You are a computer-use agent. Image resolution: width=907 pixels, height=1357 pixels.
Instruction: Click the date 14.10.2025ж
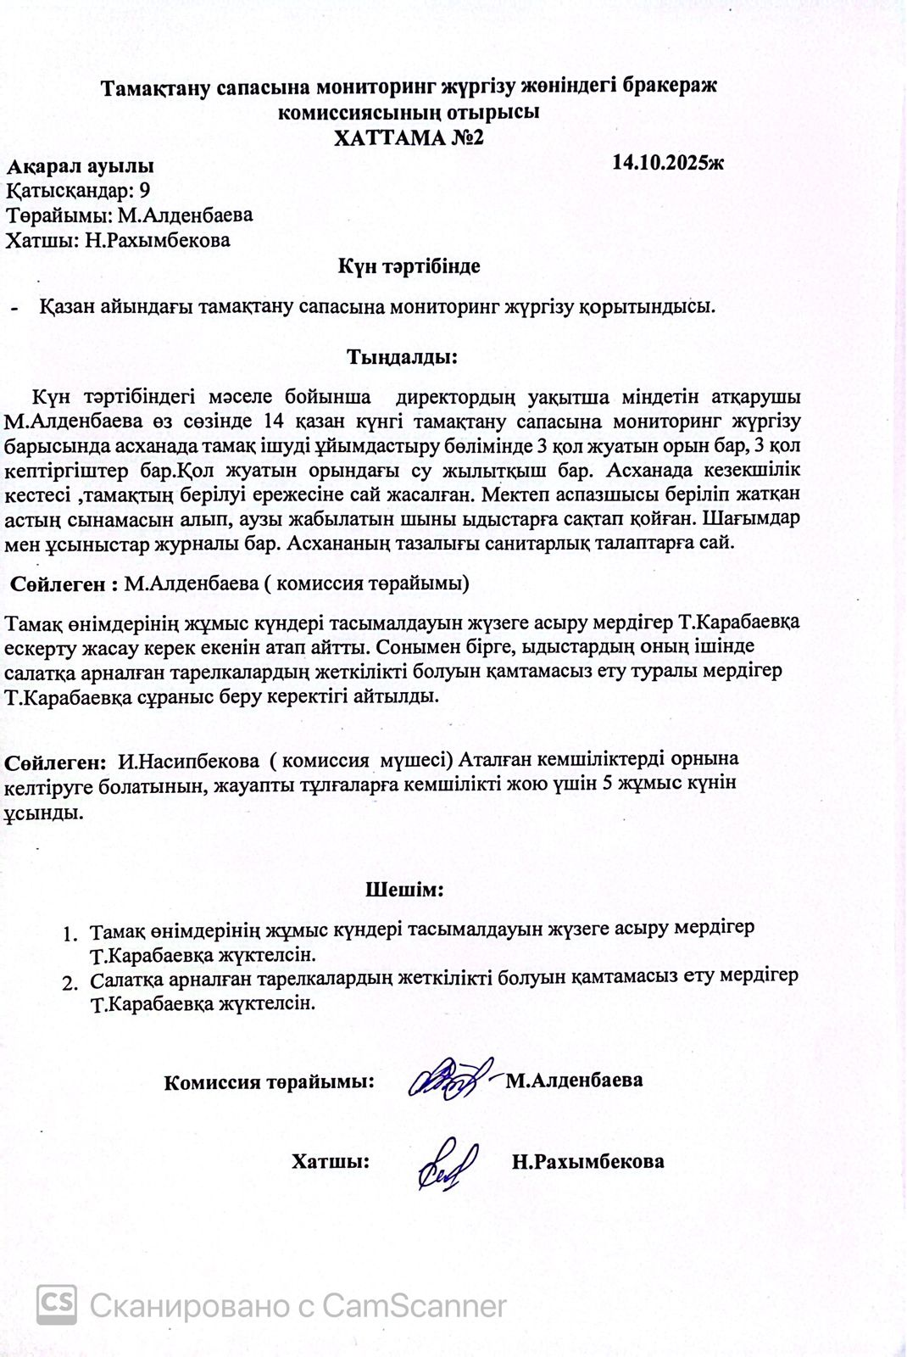coord(668,162)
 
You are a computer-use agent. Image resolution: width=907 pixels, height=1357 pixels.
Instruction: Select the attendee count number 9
coord(144,190)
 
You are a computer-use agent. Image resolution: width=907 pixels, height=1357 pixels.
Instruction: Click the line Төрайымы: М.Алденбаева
coord(130,215)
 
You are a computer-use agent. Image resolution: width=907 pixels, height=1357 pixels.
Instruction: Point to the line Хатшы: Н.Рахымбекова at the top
coord(118,240)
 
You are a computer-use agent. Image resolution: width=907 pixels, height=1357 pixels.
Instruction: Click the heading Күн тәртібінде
coord(409,265)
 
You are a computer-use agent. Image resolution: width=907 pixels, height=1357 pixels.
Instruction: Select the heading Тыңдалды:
coord(402,356)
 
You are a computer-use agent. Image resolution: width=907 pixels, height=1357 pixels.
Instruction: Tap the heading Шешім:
coord(404,890)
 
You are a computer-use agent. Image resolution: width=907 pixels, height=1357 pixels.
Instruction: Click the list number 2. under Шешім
coord(71,983)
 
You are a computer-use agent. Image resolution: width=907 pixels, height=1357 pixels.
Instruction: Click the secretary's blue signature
coord(446,1163)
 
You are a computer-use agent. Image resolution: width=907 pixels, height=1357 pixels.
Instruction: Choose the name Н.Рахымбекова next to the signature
coord(587,1161)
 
